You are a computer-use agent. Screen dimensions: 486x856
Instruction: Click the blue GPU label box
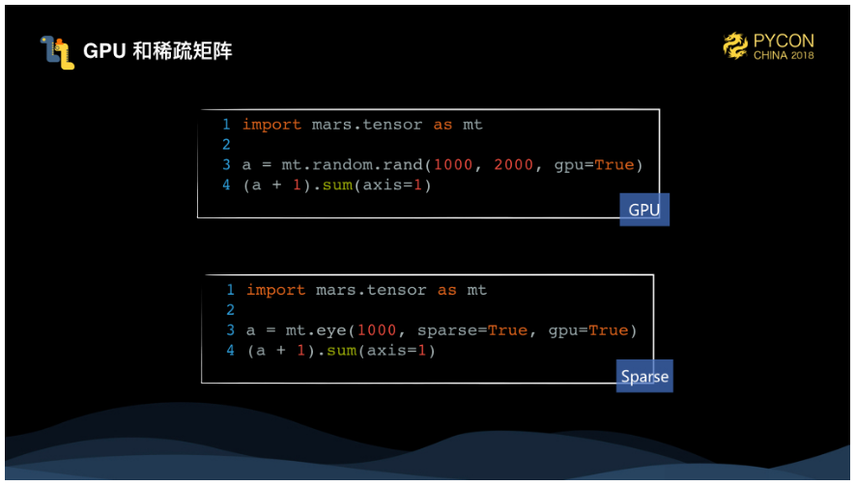644,210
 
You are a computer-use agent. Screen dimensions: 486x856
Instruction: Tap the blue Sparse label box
644,376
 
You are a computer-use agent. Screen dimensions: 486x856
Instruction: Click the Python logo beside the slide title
57,51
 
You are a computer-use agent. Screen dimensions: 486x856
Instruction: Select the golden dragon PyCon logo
736,45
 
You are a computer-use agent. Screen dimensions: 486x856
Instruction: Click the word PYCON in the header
784,41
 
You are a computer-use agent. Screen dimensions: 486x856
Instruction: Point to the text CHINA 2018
784,56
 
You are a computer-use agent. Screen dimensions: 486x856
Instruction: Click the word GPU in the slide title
104,51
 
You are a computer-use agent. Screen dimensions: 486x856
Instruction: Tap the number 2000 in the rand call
513,164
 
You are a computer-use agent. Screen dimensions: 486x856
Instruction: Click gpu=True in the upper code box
593,164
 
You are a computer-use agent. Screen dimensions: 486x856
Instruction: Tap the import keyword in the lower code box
276,290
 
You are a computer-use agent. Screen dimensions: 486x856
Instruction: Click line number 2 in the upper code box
226,145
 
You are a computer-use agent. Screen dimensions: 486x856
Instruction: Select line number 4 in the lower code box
231,351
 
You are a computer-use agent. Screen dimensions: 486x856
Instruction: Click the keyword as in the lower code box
447,290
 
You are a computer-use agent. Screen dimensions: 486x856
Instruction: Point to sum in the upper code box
338,185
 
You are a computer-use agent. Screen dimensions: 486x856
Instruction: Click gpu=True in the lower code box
588,330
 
